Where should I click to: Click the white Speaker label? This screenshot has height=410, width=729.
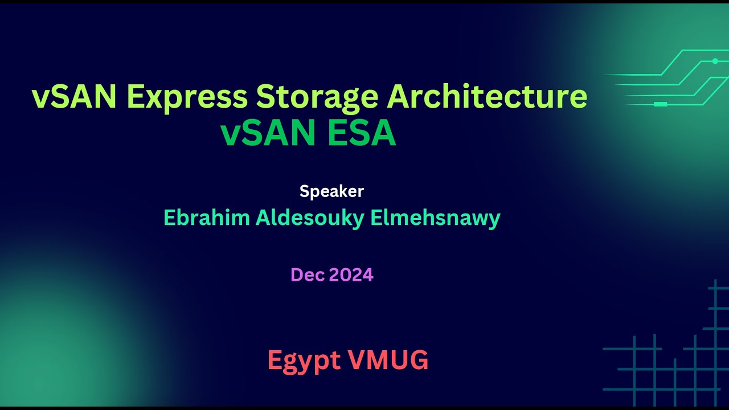tap(331, 191)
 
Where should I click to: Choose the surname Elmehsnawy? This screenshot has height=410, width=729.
tap(435, 218)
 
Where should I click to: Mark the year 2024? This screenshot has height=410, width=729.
tap(351, 275)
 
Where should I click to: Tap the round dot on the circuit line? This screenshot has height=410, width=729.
tap(715, 61)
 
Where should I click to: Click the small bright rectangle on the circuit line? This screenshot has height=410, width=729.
tap(660, 104)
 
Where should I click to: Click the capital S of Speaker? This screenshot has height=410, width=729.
tap(304, 191)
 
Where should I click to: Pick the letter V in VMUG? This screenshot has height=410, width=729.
tap(357, 360)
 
